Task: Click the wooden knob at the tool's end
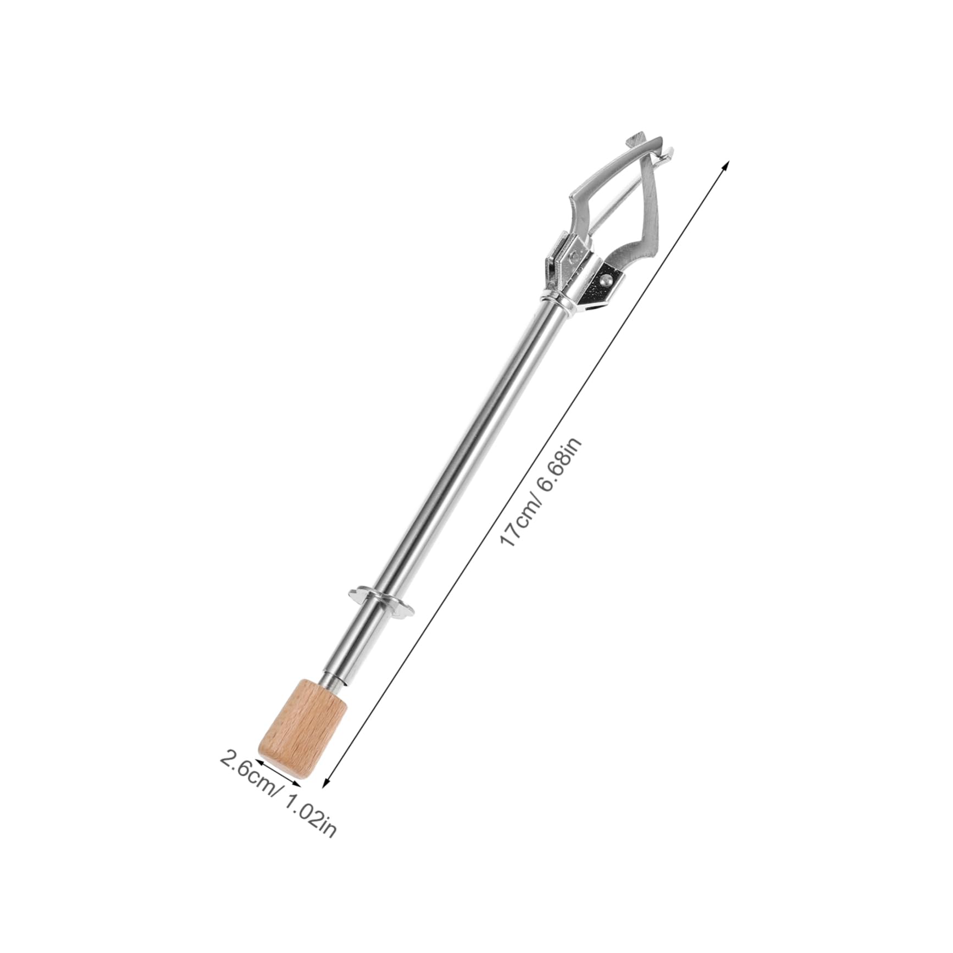303,728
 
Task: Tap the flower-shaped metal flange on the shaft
380,600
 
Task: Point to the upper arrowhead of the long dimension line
727,164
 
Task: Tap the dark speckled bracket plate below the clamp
605,289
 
